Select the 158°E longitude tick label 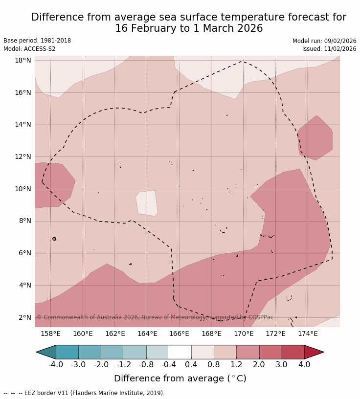tap(50, 333)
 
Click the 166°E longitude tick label tap(179, 333)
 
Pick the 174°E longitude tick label tap(308, 333)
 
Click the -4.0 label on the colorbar tap(56, 364)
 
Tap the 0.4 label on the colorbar tap(191, 364)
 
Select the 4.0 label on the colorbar tap(304, 364)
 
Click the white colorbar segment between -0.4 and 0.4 tap(180, 352)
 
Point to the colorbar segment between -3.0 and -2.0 tap(90, 352)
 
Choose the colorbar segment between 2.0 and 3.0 tap(270, 352)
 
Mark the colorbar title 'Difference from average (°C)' tap(180, 378)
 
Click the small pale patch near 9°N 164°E tap(147, 203)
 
